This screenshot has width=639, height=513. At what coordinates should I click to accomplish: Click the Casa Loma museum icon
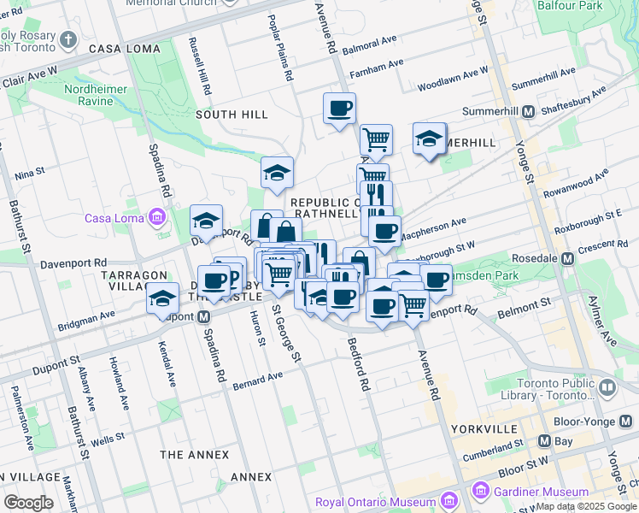pos(156,218)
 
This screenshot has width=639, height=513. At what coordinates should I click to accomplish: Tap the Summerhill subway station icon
pos(528,112)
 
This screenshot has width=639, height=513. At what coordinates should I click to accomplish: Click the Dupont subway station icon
pos(204,317)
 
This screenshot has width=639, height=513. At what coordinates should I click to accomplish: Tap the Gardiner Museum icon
pos(480,492)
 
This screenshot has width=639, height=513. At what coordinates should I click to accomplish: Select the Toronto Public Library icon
pos(607,387)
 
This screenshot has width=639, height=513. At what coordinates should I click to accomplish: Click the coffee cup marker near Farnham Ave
pos(339,109)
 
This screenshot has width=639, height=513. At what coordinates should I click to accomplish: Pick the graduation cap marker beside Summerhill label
pos(428,139)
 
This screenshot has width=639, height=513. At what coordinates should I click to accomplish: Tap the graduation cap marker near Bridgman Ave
pos(161,298)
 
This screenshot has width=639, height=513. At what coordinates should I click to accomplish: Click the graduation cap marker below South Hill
pos(276,173)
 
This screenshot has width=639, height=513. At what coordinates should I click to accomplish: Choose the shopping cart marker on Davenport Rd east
pos(413,304)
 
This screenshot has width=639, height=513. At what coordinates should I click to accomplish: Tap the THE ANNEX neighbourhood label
pos(191,453)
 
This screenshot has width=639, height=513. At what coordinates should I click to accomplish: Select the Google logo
pos(29,503)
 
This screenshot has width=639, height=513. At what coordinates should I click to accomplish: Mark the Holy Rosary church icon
pos(69,38)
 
